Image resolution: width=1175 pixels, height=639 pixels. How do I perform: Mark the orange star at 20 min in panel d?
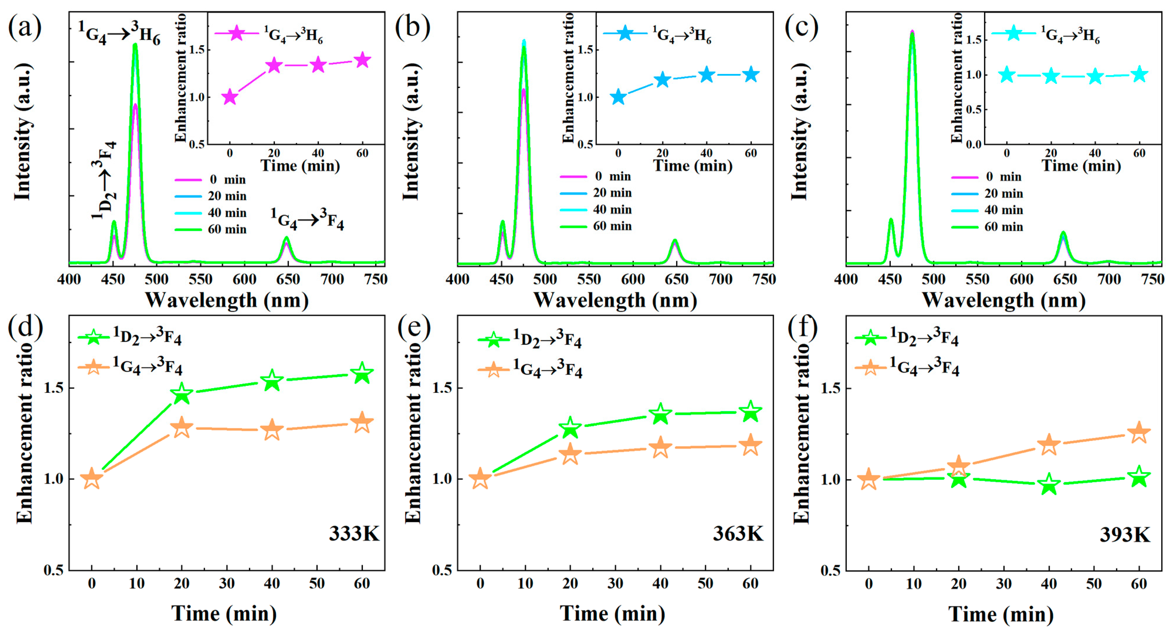[x=182, y=428]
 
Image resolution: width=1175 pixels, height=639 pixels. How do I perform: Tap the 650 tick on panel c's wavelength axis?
[x=1065, y=279]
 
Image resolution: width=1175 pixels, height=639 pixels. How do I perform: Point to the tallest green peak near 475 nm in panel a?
[x=135, y=45]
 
